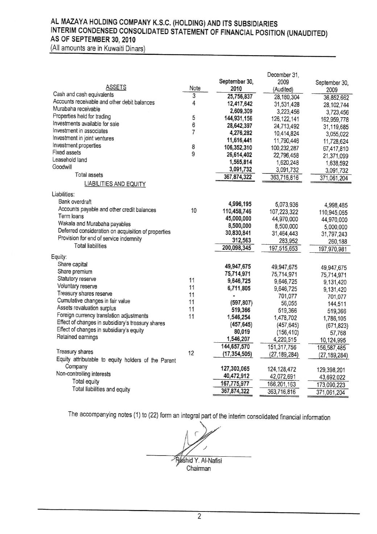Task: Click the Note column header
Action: pyautogui.click(x=195, y=88)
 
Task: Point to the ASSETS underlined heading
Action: pyautogui.click(x=116, y=87)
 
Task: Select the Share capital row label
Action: pyautogui.click(x=72, y=264)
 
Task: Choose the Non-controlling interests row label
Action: pyautogui.click(x=83, y=374)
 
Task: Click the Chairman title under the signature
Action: pyautogui.click(x=198, y=468)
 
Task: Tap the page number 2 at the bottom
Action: pyautogui.click(x=199, y=517)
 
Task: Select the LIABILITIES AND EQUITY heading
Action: pyautogui.click(x=115, y=184)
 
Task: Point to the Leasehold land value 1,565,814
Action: pyautogui.click(x=239, y=162)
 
